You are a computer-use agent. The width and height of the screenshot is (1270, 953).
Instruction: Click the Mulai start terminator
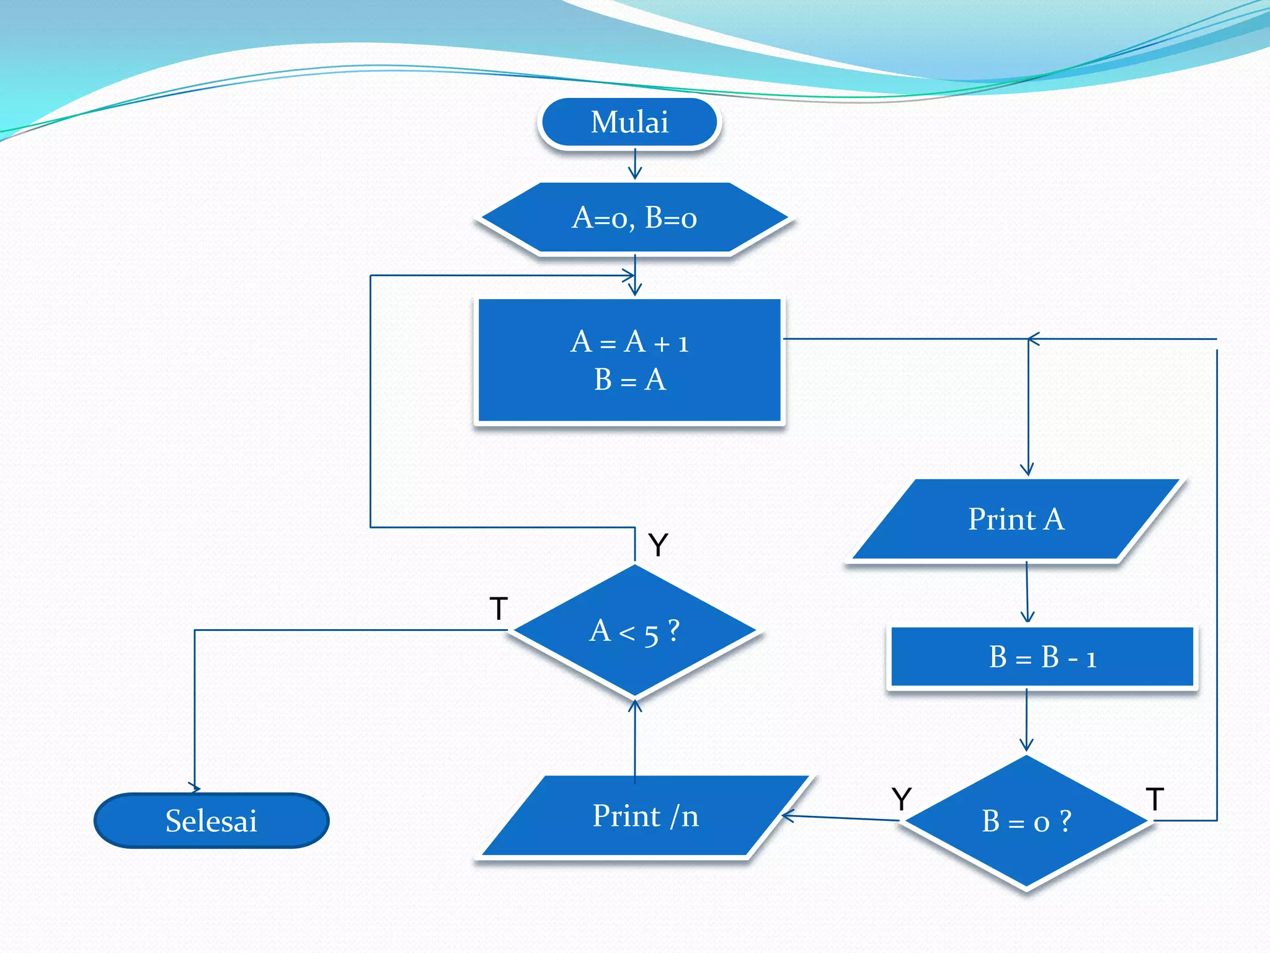[x=629, y=122]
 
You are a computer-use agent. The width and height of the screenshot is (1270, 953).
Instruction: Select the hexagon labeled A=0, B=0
[x=634, y=218]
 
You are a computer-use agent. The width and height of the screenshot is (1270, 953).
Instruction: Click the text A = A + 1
[x=629, y=342]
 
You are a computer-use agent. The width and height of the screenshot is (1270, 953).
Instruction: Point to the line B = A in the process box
[x=629, y=380]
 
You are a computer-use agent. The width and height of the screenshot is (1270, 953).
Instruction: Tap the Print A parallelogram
[x=1016, y=519]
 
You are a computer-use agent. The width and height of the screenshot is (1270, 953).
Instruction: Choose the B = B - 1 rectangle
[x=1042, y=657]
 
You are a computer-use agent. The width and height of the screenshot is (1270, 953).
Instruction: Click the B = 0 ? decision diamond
[x=1026, y=821]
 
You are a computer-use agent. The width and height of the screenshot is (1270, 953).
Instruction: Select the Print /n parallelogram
[x=645, y=816]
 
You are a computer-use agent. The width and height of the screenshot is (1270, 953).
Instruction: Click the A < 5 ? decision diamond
[x=634, y=631]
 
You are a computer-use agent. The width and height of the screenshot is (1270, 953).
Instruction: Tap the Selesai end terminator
[x=211, y=820]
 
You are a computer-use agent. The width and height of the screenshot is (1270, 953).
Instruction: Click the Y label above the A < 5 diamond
[x=658, y=545]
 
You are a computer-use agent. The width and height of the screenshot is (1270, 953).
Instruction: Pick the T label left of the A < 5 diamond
[x=499, y=609]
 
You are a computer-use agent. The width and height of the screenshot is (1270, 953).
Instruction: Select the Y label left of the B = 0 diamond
[x=901, y=799]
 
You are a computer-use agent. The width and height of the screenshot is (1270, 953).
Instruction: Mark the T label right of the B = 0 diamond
[x=1155, y=799]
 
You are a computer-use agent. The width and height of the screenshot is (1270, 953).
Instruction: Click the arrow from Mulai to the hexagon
[x=634, y=164]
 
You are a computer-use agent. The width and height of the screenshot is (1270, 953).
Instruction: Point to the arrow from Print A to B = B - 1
[x=1027, y=593]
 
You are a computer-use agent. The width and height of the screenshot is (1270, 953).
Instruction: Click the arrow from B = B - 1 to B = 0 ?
[x=1026, y=720]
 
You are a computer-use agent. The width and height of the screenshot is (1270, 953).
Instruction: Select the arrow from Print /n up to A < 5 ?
[x=634, y=738]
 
